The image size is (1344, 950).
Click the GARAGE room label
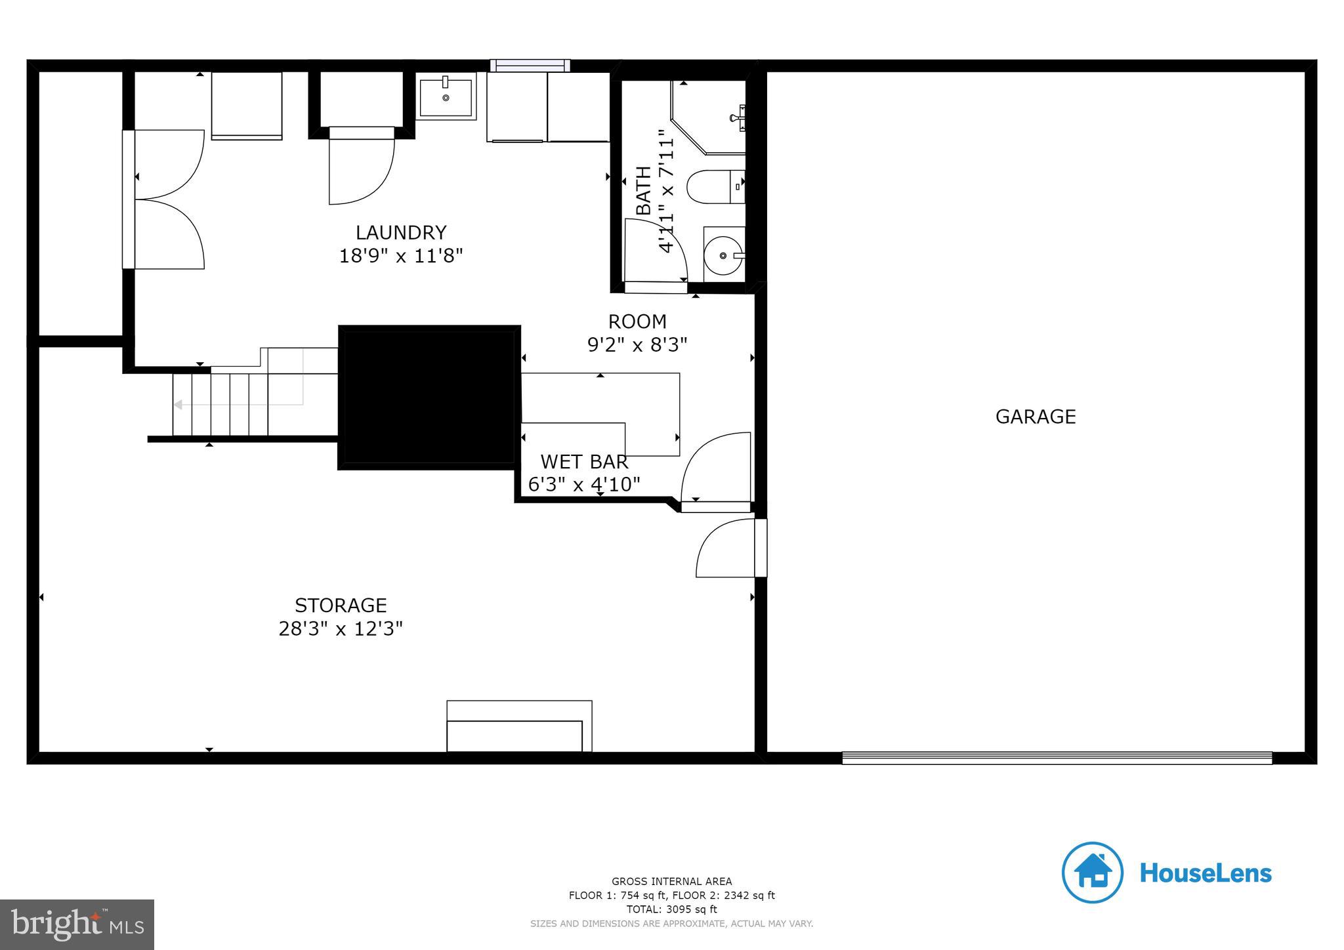point(1035,417)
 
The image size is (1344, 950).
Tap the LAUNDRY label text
point(400,233)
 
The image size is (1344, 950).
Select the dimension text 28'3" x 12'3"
point(341,629)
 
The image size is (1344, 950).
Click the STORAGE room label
point(341,605)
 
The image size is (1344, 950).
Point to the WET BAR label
point(584,462)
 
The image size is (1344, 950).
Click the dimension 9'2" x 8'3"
point(637,344)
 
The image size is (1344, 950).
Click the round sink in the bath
point(723,255)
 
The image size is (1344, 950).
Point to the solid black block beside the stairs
point(429,397)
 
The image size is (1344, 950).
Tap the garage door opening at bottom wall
point(1057,758)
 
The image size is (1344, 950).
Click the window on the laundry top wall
point(530,66)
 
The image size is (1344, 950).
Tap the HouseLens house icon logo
point(1092,873)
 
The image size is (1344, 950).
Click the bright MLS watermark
point(77,924)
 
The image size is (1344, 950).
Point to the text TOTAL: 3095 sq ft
point(671,909)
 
